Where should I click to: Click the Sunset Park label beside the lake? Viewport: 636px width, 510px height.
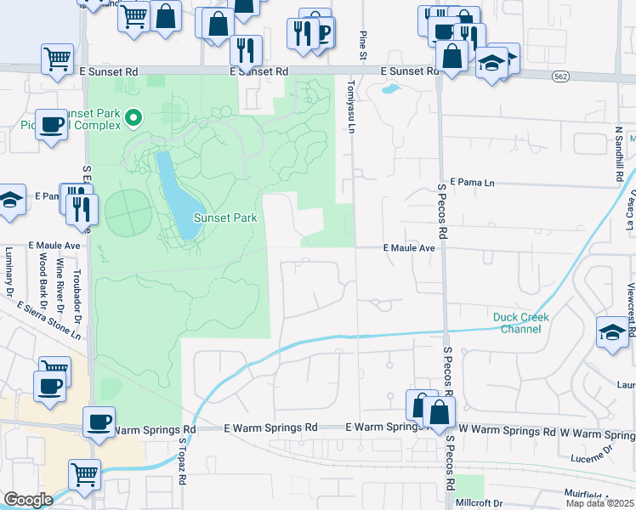(x=225, y=218)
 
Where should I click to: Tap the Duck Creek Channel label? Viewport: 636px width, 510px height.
(x=521, y=323)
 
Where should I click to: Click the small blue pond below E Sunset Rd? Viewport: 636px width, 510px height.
(x=391, y=88)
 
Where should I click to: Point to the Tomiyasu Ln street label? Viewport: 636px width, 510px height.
(x=350, y=107)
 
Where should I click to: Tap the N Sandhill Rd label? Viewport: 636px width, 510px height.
(x=619, y=156)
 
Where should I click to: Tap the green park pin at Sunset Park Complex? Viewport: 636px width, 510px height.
(x=133, y=117)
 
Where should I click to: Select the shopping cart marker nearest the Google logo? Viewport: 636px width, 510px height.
(x=84, y=474)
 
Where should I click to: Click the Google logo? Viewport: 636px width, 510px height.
(x=28, y=500)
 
